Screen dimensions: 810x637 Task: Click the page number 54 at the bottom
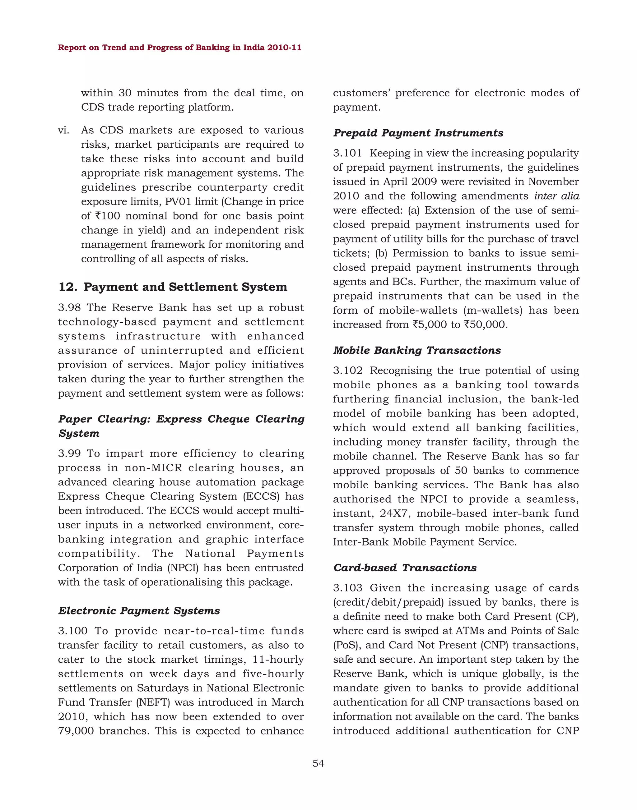318,763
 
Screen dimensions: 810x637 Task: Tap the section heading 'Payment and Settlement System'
185,287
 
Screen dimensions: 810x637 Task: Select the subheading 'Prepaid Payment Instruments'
418,133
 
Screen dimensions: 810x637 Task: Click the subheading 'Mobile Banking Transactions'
417,350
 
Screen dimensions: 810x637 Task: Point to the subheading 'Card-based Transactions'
405,567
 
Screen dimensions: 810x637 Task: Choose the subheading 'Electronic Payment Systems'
139,610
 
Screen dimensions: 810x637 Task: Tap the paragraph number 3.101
347,153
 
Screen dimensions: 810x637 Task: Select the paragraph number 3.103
347,588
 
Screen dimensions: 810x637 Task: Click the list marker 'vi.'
63,130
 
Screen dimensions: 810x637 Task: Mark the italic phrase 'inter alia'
556,196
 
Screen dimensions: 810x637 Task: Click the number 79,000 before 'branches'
76,731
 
